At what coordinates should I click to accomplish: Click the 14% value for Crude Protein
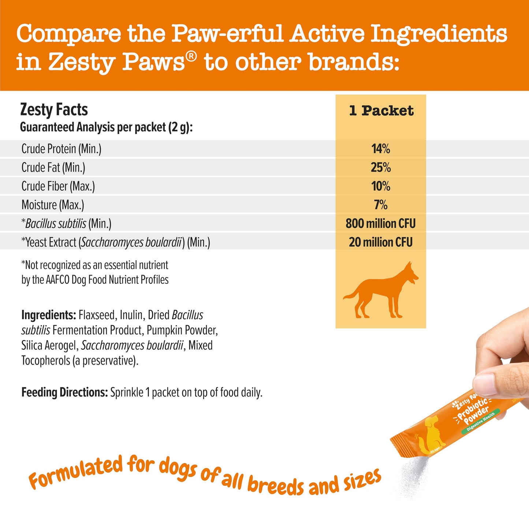[x=381, y=149]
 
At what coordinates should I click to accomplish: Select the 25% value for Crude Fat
[x=381, y=167]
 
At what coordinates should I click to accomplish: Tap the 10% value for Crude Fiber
[x=381, y=186]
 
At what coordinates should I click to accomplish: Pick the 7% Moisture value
[x=381, y=205]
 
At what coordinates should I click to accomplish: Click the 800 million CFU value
[x=381, y=223]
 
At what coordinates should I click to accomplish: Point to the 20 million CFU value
[x=381, y=242]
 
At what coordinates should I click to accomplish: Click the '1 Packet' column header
[x=381, y=111]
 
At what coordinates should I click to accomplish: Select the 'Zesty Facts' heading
[x=54, y=109]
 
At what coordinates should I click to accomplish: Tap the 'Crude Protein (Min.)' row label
[x=61, y=149]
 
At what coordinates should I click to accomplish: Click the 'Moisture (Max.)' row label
[x=53, y=205]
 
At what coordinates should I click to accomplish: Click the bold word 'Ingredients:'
[x=48, y=315]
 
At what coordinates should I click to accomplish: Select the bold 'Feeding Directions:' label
[x=64, y=392]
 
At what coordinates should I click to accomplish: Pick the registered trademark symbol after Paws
[x=192, y=56]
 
